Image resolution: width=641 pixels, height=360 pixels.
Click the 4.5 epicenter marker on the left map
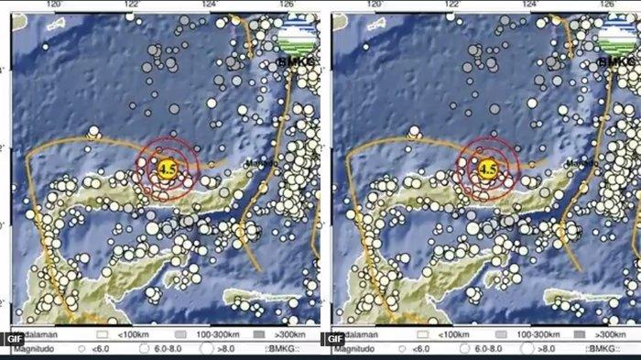(167, 169)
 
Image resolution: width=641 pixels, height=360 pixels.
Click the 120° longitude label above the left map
(53, 5)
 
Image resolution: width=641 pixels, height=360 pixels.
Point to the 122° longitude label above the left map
(132, 5)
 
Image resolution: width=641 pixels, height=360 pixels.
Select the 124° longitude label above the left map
(211, 5)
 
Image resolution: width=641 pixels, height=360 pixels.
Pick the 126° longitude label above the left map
(286, 5)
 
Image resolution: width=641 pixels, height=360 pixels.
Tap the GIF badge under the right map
(332, 338)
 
